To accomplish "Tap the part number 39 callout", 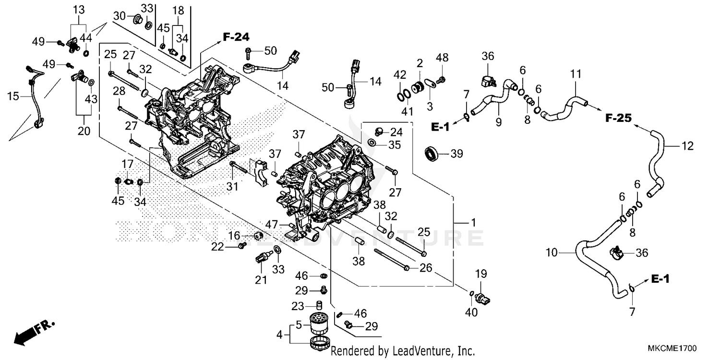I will pos(457,154).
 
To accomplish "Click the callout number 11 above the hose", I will pos(576,74).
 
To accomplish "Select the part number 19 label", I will pos(481,274).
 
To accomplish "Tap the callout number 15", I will pos(13,96).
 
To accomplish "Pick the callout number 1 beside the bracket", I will pos(473,223).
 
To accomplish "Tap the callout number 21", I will pos(261,280).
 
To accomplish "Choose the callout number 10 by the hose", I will pos(552,252).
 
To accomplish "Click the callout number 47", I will pos(272,224).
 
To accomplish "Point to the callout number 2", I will pos(420,63).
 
